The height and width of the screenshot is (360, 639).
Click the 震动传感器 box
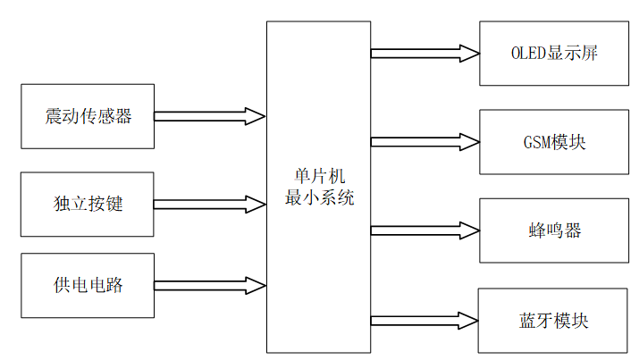click(88, 116)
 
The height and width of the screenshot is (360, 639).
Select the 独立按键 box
click(88, 205)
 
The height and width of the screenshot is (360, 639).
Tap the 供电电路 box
click(88, 286)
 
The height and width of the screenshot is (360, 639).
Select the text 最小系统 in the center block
click(319, 197)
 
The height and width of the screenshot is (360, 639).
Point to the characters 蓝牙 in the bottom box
click(534, 320)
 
